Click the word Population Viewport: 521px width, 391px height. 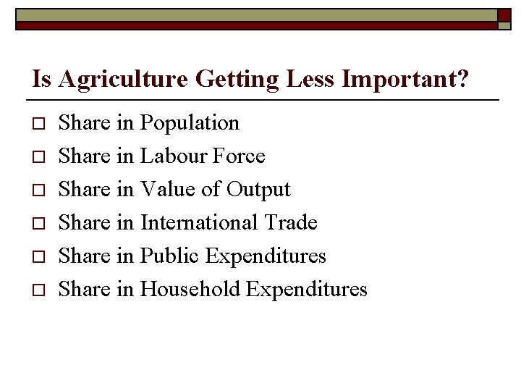[x=190, y=124]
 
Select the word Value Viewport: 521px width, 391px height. [x=166, y=190]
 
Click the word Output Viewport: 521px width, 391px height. [x=258, y=190]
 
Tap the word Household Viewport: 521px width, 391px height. [x=190, y=289]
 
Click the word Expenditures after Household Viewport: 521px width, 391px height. [x=307, y=290]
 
